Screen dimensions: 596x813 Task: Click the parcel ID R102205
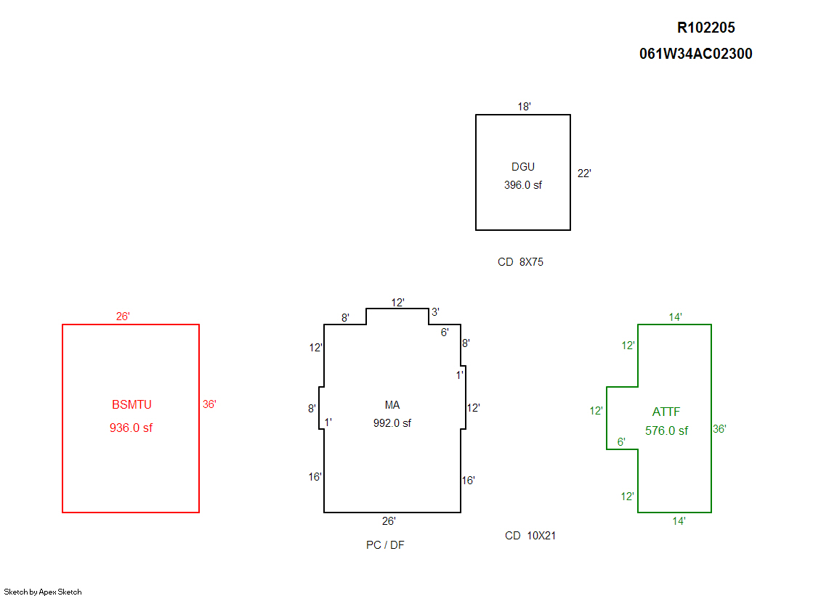[705, 28]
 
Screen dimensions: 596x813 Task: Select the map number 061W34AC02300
[695, 54]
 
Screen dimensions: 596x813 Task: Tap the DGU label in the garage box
[522, 168]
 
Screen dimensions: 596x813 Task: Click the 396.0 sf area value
[522, 185]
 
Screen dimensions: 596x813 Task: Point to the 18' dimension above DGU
[524, 107]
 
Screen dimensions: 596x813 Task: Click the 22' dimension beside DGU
[584, 174]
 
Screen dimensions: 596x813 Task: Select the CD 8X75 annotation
[520, 262]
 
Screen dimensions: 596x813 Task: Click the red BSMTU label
[132, 405]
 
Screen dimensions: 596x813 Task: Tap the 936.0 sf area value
[131, 428]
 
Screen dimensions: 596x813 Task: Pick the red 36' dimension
[209, 405]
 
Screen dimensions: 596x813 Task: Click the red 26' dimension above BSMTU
[123, 317]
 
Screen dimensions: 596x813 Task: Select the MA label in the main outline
[392, 405]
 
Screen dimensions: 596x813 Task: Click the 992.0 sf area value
[392, 423]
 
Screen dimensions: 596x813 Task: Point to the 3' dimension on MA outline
[435, 312]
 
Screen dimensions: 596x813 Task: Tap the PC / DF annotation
[385, 545]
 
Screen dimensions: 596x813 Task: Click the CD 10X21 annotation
[530, 536]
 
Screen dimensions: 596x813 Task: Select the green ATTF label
[666, 412]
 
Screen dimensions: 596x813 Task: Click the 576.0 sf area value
[666, 430]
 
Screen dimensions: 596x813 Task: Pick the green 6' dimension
[621, 442]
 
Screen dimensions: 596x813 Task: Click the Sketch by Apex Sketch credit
[43, 592]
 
